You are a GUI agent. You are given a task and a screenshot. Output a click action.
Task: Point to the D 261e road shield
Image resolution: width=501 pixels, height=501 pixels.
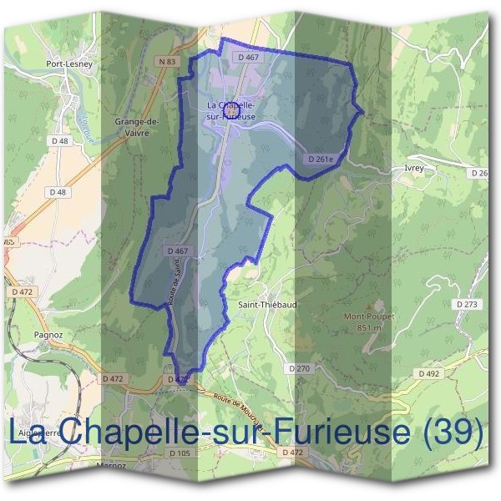(x=320, y=159)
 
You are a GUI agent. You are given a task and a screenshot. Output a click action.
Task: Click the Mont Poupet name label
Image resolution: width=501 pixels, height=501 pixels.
(x=369, y=317)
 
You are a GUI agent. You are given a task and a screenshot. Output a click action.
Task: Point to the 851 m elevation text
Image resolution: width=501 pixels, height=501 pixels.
(x=369, y=328)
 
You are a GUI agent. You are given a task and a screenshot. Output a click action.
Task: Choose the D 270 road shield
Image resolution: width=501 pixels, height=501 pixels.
(x=299, y=368)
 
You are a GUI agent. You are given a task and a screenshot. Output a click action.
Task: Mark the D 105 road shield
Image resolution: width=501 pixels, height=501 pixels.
(x=180, y=453)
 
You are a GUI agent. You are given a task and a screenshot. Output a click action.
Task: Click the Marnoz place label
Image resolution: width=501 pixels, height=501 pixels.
(x=111, y=465)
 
